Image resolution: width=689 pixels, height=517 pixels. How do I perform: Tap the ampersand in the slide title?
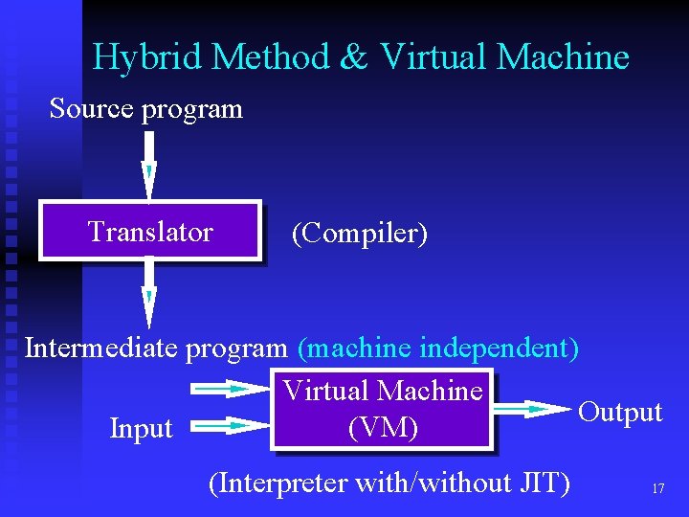tap(353, 57)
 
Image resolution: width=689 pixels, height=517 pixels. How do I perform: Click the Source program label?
tap(145, 109)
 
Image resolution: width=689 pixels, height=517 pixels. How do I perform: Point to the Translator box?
tap(150, 231)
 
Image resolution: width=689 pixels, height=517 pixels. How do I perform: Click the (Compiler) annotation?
tap(359, 233)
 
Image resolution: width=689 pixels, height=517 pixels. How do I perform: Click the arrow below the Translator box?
tap(148, 292)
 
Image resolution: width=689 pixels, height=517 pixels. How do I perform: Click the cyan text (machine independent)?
tap(438, 348)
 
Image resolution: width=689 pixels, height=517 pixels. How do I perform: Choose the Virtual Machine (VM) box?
tap(383, 409)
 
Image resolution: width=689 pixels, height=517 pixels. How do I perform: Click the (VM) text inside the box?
tap(383, 428)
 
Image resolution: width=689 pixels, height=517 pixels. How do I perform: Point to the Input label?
tap(141, 429)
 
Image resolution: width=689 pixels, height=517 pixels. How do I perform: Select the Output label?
tap(620, 412)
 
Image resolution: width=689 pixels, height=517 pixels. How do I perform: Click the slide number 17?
tap(657, 488)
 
